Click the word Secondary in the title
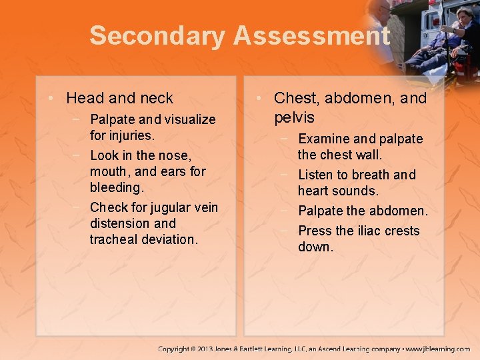coord(157,36)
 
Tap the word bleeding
coord(117,187)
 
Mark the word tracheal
coord(114,239)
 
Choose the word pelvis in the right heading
coord(294,118)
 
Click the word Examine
coord(323,139)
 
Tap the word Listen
coord(315,175)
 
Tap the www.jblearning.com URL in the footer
coord(438,349)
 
